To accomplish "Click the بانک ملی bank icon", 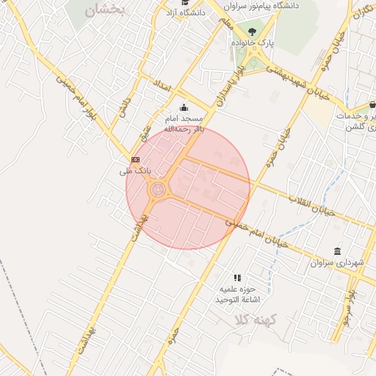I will click(x=135, y=159).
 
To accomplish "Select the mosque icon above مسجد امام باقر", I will click(x=183, y=108).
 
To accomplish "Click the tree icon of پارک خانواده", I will click(x=253, y=32).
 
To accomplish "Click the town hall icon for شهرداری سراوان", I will click(x=337, y=251).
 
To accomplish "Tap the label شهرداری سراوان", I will click(x=337, y=262).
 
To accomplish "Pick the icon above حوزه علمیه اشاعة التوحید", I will click(x=237, y=278).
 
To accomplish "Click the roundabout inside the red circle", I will click(x=158, y=190).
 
